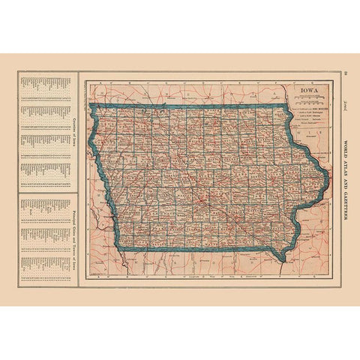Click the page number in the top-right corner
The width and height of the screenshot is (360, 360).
(344, 73)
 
